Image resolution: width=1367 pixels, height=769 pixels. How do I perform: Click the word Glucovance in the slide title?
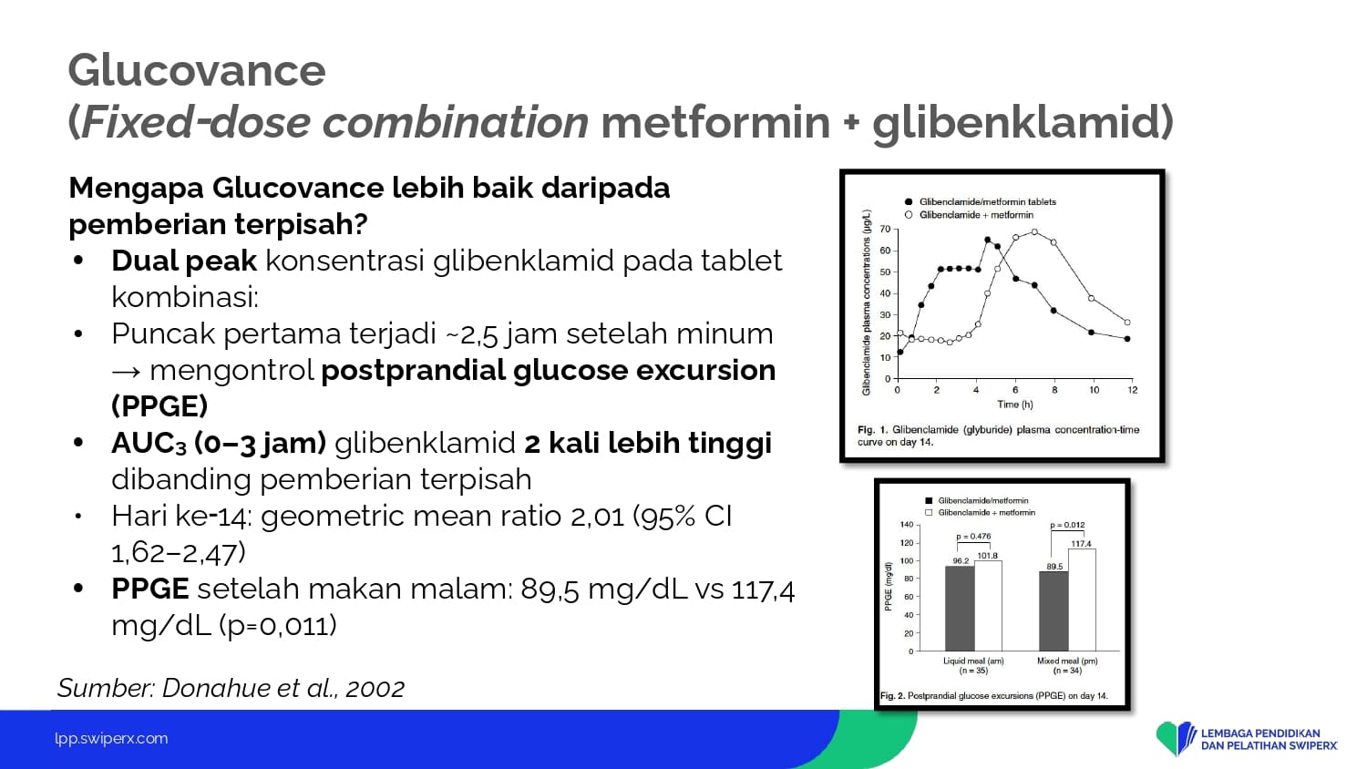coord(197,70)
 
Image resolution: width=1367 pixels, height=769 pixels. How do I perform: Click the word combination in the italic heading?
coord(456,122)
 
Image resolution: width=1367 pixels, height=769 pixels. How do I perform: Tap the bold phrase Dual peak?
coord(184,261)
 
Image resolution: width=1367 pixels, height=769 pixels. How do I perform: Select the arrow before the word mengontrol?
coord(127,372)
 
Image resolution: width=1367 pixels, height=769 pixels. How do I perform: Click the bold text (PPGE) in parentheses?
coord(159,405)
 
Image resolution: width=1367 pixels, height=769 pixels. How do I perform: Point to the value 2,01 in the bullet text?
coord(597,517)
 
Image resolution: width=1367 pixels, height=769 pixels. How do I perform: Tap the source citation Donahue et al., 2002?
coord(283,689)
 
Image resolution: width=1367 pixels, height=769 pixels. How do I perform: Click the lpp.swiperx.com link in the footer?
coord(111,739)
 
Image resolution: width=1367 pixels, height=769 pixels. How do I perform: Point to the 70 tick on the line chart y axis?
coord(885,229)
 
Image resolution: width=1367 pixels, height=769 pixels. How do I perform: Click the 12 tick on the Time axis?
coord(1133,390)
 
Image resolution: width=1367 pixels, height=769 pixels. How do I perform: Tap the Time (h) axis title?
coord(1015,404)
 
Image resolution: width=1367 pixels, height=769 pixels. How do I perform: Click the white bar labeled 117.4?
coord(1082,600)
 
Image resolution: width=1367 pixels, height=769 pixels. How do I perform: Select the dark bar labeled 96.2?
coord(960,609)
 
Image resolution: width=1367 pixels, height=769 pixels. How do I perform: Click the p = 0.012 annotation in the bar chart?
coord(1067,525)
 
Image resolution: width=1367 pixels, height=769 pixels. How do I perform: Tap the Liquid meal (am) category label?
coord(973,661)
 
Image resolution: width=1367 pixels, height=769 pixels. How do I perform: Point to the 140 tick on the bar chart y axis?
coord(907,525)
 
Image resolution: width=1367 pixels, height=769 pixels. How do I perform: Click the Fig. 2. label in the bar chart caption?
coord(892,696)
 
